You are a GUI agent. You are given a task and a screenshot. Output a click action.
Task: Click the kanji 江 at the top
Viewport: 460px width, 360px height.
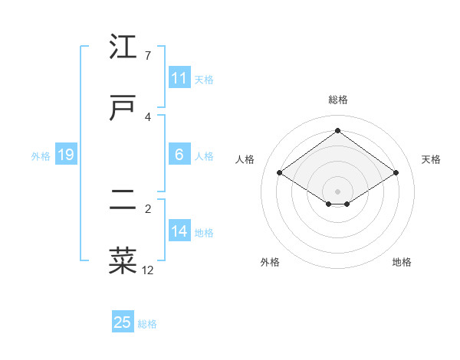click(x=123, y=47)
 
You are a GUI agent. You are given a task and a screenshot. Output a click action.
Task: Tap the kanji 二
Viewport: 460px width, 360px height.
click(x=123, y=201)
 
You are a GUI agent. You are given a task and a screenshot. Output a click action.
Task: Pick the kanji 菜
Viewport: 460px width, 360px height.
click(x=123, y=260)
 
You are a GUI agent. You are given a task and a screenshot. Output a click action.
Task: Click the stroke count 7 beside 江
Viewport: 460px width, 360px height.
click(x=148, y=56)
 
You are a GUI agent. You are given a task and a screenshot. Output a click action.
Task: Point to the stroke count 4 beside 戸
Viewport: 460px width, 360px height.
click(x=148, y=116)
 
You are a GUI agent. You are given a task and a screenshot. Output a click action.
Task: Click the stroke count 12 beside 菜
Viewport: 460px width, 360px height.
click(x=148, y=270)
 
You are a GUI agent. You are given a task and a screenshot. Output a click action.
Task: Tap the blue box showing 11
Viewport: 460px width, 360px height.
click(x=179, y=77)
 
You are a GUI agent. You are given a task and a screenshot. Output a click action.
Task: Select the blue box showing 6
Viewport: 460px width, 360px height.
click(x=179, y=155)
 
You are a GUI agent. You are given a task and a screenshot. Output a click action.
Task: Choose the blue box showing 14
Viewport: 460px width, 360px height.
click(x=179, y=231)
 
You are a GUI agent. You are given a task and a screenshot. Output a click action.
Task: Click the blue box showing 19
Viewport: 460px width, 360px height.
click(x=66, y=155)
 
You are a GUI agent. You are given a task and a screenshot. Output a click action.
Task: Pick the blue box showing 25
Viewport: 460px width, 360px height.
click(x=123, y=322)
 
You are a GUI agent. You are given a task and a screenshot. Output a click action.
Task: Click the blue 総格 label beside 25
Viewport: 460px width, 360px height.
click(x=147, y=324)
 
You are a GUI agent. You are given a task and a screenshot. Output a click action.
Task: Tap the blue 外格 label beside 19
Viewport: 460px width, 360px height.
click(x=41, y=156)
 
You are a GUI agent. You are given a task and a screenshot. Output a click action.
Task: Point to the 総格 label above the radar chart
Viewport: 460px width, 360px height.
click(x=338, y=100)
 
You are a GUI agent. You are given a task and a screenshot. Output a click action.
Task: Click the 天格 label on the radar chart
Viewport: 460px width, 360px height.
click(x=432, y=159)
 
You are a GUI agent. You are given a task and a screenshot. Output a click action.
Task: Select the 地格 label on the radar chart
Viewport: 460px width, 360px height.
click(x=402, y=262)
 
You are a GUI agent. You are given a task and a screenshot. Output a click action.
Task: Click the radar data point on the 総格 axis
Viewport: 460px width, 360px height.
click(x=337, y=131)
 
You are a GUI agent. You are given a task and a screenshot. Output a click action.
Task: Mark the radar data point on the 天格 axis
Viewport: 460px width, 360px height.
click(x=396, y=172)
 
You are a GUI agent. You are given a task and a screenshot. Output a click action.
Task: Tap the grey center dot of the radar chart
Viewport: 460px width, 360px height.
click(x=337, y=191)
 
